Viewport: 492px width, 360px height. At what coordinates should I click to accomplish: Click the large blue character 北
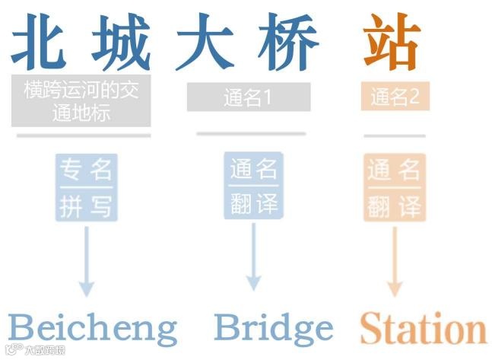coord(43,43)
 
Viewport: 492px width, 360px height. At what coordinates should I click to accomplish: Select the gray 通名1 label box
coord(249,97)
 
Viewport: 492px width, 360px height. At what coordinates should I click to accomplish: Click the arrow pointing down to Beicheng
coord(87,259)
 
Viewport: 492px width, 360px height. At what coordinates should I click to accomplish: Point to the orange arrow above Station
coord(394,259)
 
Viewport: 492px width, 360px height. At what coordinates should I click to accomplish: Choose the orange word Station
coord(422,330)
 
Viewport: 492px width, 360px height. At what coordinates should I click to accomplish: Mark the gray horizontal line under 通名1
coord(251,134)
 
